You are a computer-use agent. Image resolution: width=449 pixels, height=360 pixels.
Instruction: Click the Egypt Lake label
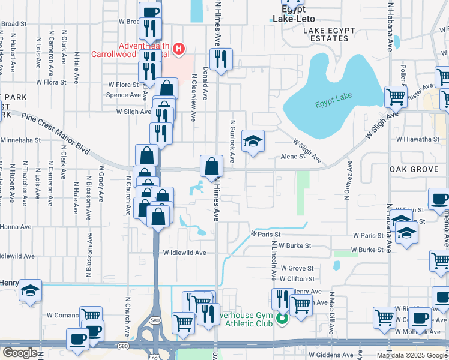pos(332,105)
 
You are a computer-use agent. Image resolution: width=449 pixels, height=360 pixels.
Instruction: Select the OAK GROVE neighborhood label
pos(414,170)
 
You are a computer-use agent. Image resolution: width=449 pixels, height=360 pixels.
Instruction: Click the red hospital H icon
pos(178,48)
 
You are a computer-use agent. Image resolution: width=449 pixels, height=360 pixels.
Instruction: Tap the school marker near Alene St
pos(253,142)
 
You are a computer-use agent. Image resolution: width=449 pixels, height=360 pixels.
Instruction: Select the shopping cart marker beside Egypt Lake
pos(395,97)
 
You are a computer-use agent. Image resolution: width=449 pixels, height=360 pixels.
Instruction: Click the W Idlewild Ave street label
pos(185,253)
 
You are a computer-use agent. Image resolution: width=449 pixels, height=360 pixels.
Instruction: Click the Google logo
pos(19,353)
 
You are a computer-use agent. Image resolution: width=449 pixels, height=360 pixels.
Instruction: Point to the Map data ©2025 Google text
pos(412,355)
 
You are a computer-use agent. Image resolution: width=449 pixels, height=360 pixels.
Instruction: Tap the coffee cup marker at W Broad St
pos(150,12)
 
